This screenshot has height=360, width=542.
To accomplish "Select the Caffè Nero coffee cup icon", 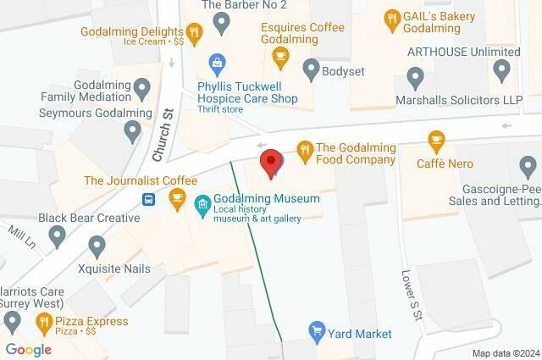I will click(437, 140).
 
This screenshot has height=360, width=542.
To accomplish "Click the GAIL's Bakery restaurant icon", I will click(391, 17).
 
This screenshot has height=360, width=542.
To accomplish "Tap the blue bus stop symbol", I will click(148, 200).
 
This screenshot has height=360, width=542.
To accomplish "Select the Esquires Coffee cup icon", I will click(280, 55).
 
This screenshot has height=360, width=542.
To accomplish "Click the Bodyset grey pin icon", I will click(310, 68).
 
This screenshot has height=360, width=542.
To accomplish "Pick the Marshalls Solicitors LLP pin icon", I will click(415, 80).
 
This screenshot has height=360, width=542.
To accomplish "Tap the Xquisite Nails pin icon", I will click(97, 246).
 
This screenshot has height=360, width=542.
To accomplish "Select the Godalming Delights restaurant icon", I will click(195, 33).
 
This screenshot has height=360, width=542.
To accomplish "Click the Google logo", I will click(28, 349).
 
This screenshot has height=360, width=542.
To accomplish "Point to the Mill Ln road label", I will click(19, 229).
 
